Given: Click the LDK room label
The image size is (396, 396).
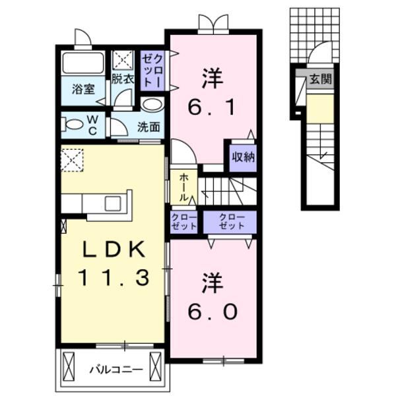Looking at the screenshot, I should coord(112,249).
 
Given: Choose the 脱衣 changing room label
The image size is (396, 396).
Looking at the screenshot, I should coord(123,79).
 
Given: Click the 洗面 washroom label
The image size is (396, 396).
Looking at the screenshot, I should coord(148,127).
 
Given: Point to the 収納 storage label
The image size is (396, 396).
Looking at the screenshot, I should coord(242,157).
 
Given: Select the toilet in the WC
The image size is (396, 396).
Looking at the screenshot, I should coord(70,124).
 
